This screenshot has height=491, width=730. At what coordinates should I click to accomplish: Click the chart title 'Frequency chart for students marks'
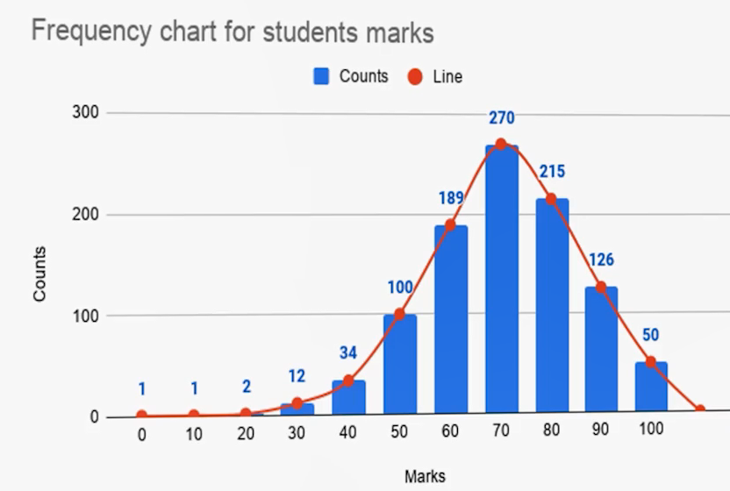click(233, 32)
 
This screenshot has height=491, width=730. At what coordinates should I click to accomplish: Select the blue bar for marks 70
click(501, 281)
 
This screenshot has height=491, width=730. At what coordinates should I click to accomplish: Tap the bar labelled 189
click(450, 320)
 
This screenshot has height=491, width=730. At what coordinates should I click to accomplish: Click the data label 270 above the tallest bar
click(502, 118)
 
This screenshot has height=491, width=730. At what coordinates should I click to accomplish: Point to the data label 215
click(552, 172)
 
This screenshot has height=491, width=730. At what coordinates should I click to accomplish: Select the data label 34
click(348, 353)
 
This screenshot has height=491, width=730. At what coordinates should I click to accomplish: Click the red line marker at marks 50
click(399, 314)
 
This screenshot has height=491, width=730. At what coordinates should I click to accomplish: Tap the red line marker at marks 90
click(601, 287)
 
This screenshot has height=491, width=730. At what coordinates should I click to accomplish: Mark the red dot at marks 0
click(142, 416)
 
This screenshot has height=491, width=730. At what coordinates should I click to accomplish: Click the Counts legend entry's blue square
click(321, 76)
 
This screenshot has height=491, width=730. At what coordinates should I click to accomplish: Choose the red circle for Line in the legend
click(415, 76)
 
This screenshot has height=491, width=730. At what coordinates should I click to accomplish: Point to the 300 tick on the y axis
click(90, 113)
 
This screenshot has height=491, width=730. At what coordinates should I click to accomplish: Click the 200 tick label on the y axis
click(90, 215)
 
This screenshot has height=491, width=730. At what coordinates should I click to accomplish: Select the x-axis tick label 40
click(348, 433)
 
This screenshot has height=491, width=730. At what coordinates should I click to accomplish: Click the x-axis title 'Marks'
click(425, 477)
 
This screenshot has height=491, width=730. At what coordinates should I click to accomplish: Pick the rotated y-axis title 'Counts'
click(40, 274)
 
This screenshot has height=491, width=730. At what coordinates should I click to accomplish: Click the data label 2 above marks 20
click(247, 387)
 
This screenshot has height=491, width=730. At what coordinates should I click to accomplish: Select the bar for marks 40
click(348, 399)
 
